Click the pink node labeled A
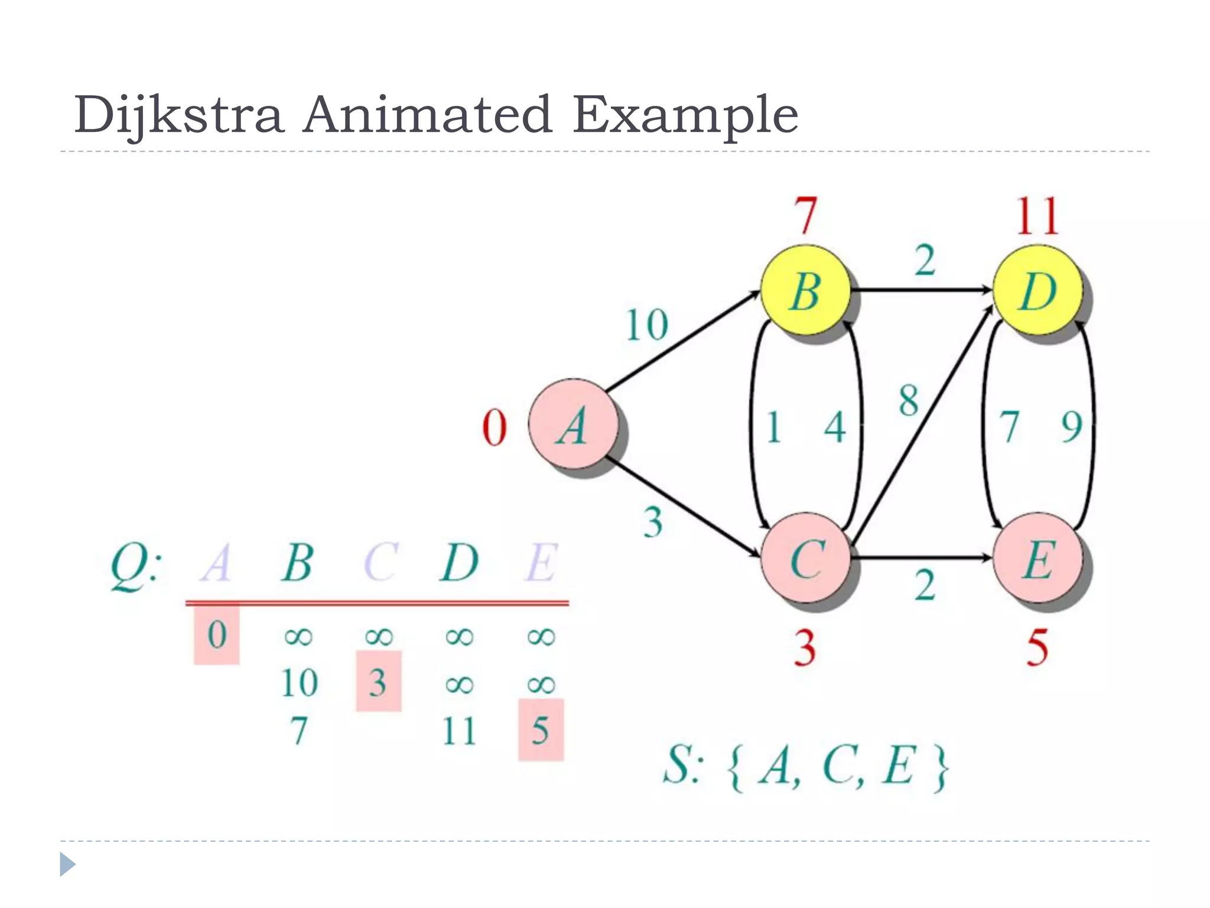[573, 424]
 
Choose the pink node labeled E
[1037, 558]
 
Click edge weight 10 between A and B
[647, 325]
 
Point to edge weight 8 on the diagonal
[909, 400]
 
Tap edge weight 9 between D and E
[1071, 426]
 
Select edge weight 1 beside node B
[773, 427]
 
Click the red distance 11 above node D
[1037, 216]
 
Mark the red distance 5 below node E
[1037, 648]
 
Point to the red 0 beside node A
[495, 427]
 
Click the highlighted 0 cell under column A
[217, 635]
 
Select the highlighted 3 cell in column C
[378, 682]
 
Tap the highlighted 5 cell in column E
[541, 730]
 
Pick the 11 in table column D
[459, 731]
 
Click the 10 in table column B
[300, 683]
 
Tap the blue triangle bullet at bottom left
[67, 864]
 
